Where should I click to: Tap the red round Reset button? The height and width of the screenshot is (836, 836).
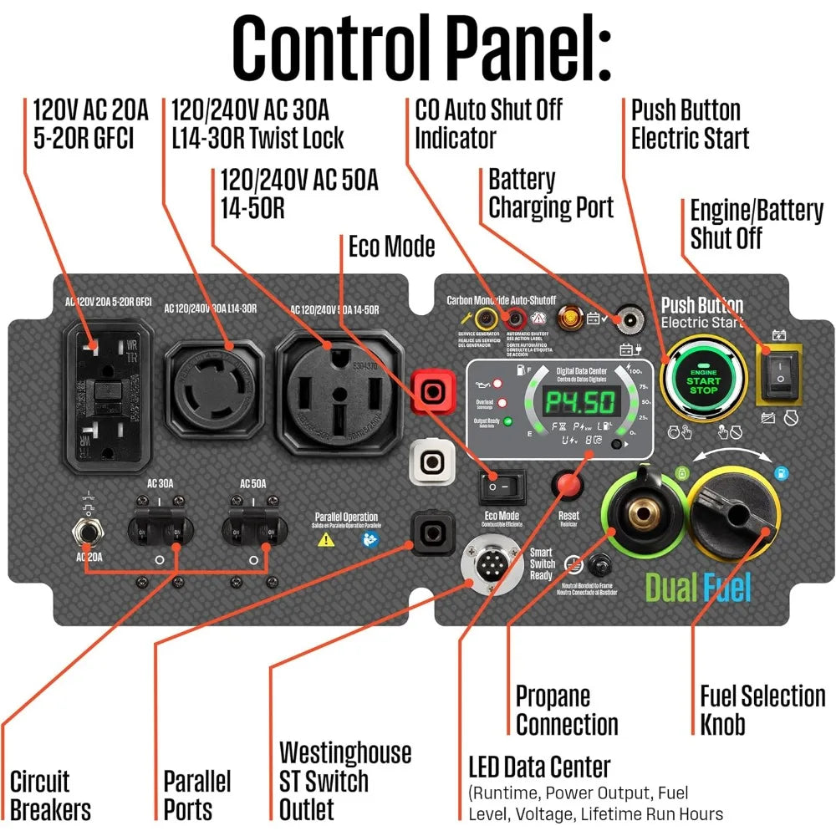(569, 486)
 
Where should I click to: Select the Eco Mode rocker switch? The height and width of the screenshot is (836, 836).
(502, 485)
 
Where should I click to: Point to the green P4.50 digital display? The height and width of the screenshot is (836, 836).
(581, 404)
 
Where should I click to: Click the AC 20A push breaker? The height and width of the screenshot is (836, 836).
(85, 533)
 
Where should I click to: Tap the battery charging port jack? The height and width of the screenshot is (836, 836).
(625, 319)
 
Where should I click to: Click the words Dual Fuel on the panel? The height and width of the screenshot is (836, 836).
(698, 588)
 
